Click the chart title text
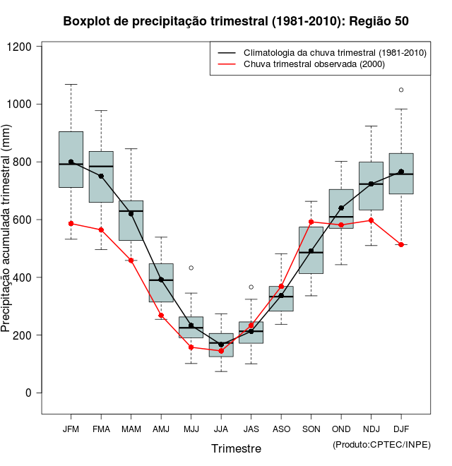tap(236, 21)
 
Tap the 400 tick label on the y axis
tap(28, 277)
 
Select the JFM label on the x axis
tap(71, 429)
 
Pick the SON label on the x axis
tap(311, 429)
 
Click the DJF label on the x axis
tap(401, 429)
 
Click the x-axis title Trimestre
tap(236, 448)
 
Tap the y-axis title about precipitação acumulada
tap(7, 233)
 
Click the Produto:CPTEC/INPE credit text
tap(381, 444)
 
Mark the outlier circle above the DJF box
tap(401, 90)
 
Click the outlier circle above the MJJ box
tap(191, 268)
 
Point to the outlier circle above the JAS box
tap(251, 287)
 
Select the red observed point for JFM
tap(71, 223)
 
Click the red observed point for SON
tap(311, 222)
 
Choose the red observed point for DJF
tap(401, 244)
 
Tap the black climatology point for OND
tap(341, 208)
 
